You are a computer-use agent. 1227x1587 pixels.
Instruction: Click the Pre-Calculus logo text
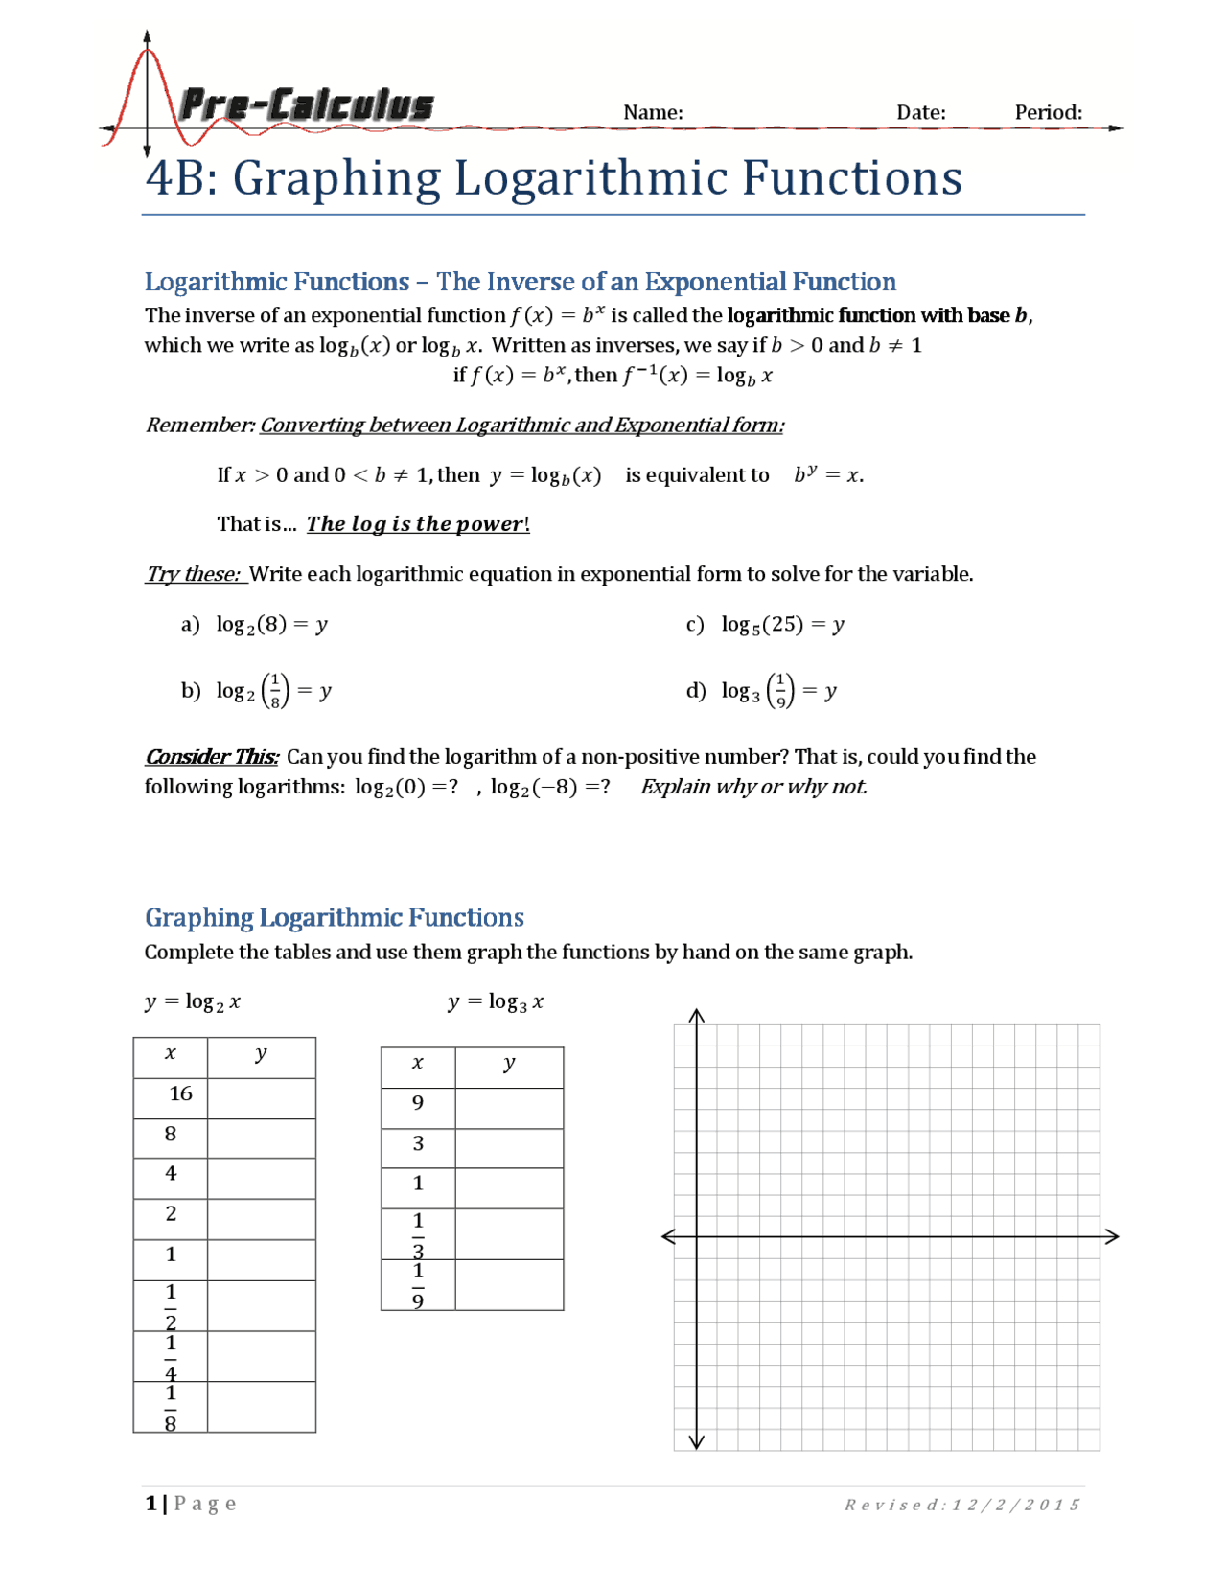tap(306, 105)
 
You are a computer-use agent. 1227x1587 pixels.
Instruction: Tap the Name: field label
tap(653, 112)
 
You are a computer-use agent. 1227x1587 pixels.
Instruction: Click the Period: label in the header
tap(1048, 112)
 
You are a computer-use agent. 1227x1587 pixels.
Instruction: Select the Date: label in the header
tap(920, 112)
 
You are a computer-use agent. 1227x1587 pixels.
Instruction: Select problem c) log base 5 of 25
tap(765, 625)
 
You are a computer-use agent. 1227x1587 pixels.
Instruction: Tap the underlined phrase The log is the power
tap(416, 524)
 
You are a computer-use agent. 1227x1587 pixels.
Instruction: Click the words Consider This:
tap(212, 757)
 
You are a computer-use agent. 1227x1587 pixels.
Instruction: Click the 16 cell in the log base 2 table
tap(179, 1093)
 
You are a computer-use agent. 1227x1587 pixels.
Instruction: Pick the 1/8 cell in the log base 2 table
tap(171, 1407)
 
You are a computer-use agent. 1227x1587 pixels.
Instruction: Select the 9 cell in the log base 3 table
tap(418, 1103)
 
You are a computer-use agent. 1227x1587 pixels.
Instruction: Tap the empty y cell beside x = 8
tap(261, 1138)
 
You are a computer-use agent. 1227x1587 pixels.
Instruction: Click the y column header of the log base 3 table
tap(509, 1063)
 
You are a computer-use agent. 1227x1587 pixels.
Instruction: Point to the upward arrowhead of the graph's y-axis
tap(697, 1016)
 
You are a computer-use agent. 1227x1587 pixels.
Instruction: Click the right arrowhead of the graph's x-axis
tap(1111, 1236)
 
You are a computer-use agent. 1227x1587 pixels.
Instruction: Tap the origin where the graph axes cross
tap(697, 1236)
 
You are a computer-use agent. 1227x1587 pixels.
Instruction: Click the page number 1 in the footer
tap(150, 1503)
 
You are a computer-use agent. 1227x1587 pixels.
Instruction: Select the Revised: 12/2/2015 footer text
tap(961, 1505)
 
